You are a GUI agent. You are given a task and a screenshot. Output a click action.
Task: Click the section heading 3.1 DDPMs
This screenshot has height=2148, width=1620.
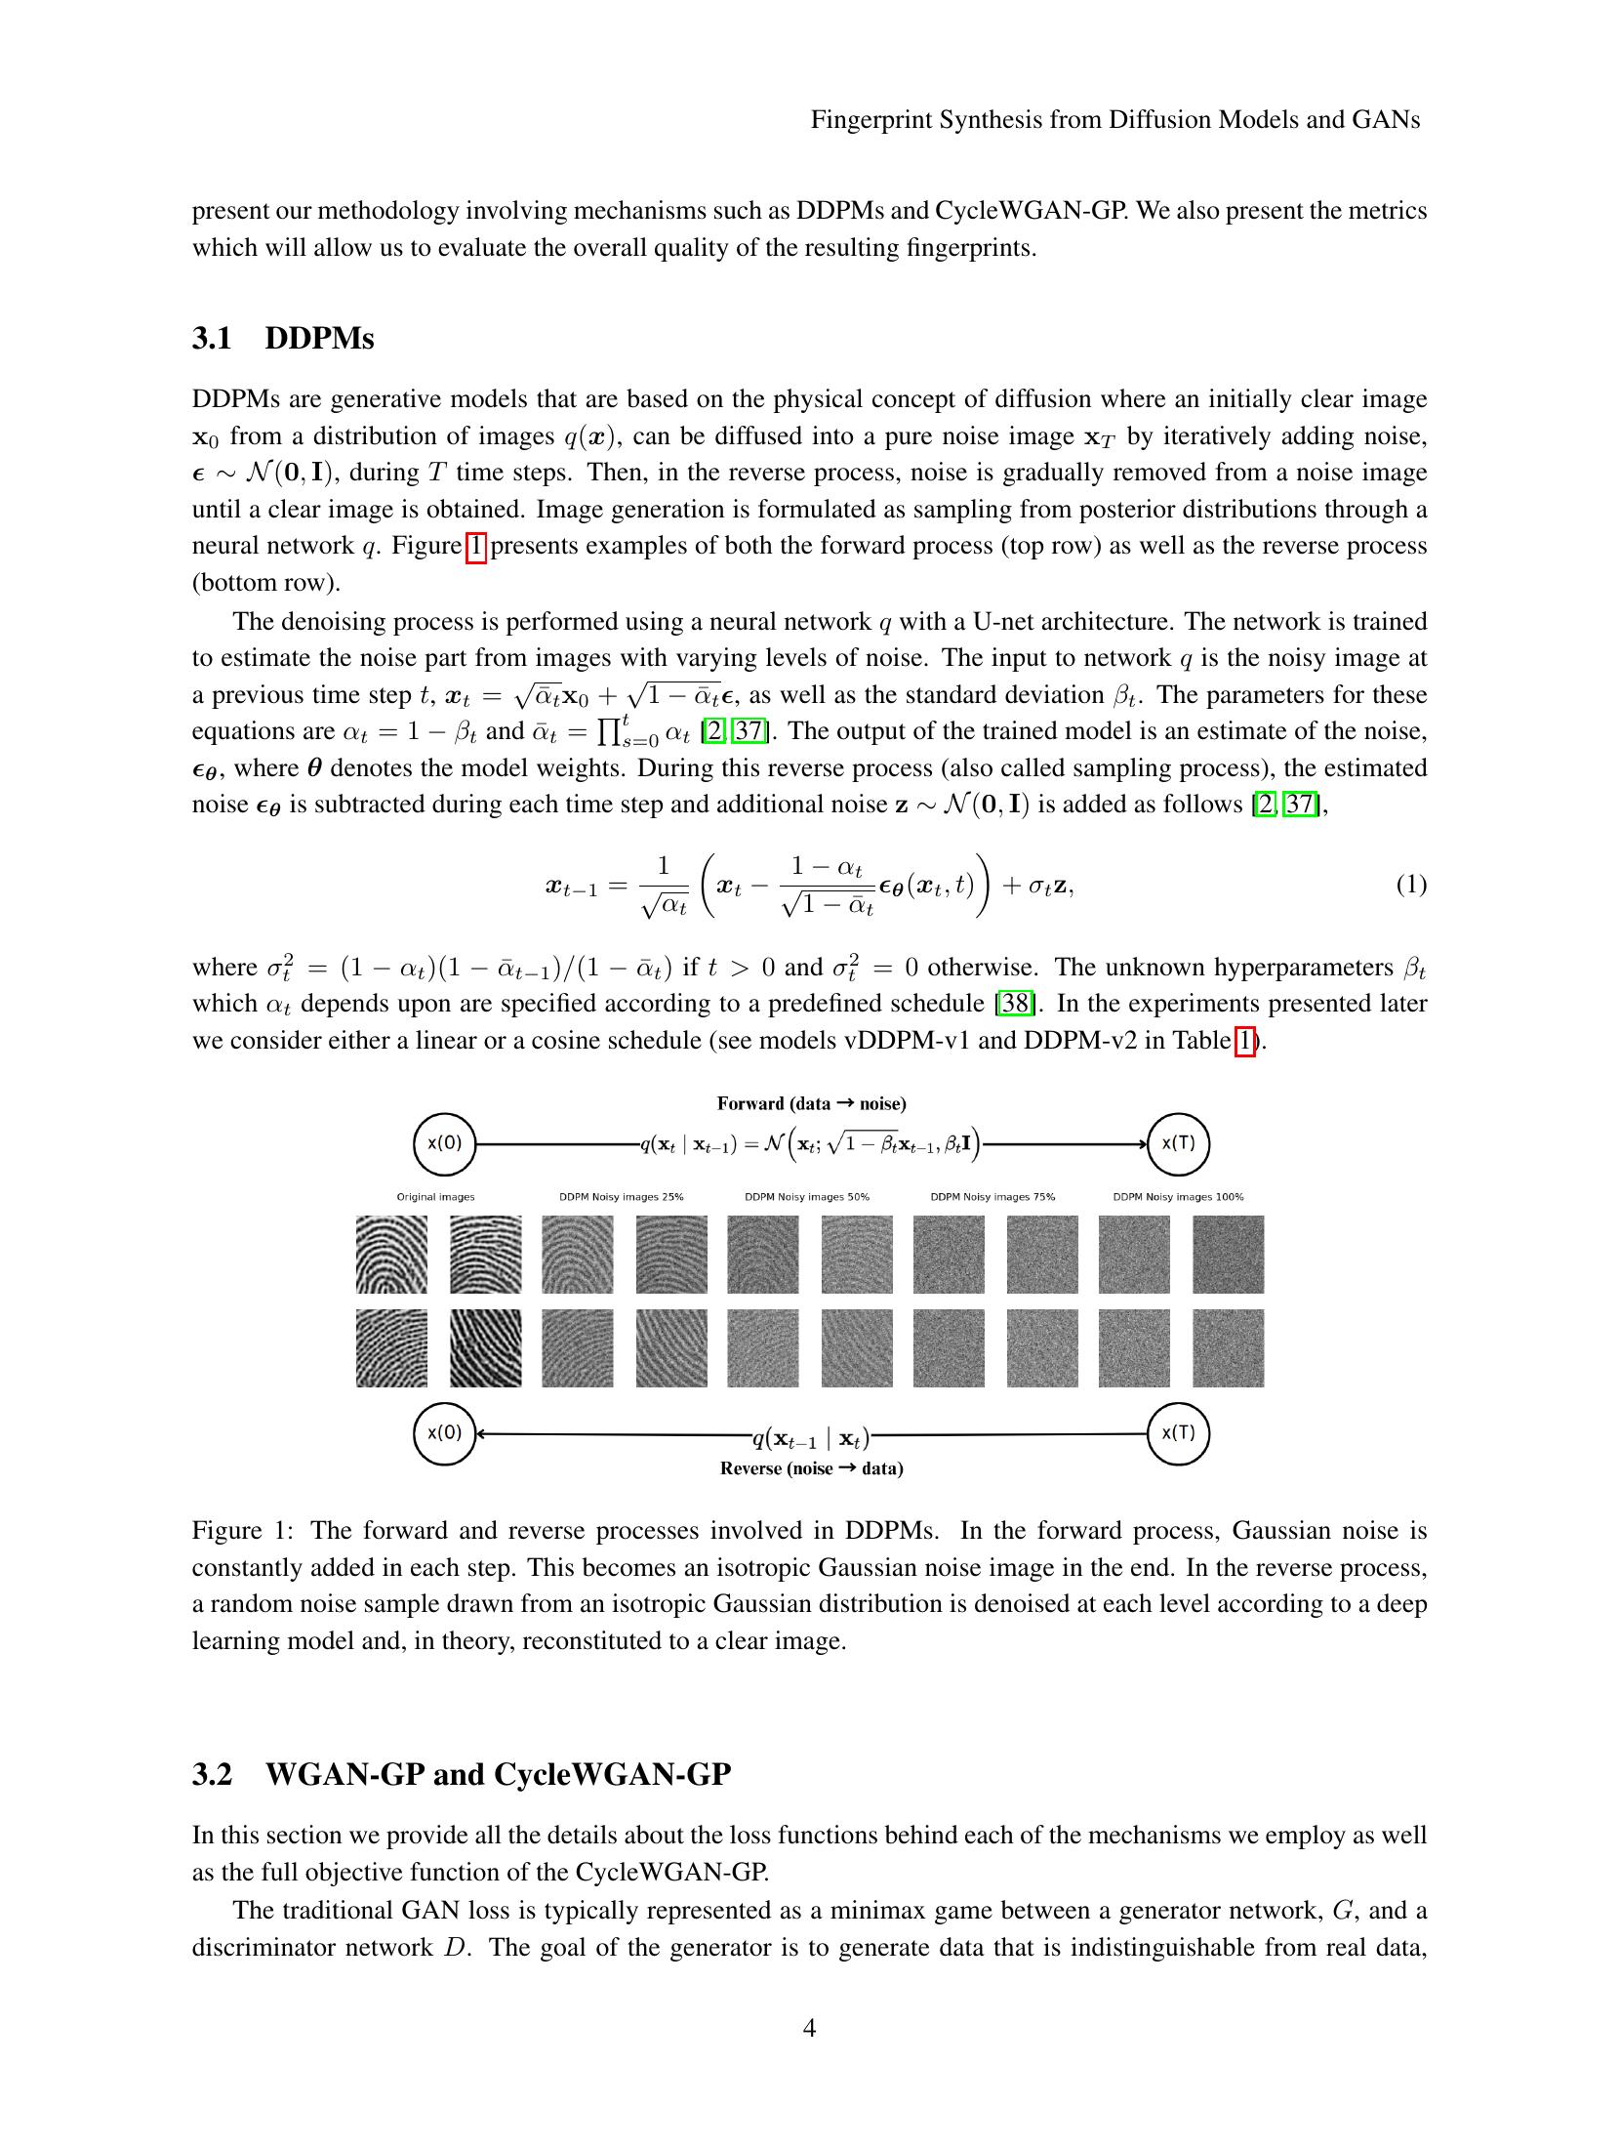click(283, 338)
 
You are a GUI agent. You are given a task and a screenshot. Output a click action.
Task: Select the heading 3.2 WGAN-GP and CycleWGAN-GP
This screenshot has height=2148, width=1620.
click(461, 1773)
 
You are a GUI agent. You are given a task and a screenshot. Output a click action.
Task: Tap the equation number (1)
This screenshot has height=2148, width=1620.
click(1410, 885)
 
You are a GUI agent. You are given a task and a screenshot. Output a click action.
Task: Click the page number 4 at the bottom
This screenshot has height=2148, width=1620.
click(809, 2028)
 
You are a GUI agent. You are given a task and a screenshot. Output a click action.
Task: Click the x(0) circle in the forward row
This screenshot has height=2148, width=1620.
click(444, 1143)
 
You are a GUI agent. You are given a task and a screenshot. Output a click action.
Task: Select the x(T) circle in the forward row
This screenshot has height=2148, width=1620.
click(1178, 1143)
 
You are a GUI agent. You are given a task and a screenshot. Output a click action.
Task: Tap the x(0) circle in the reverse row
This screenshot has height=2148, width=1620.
click(444, 1433)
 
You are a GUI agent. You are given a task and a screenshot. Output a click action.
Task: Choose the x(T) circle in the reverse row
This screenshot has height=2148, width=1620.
click(1178, 1433)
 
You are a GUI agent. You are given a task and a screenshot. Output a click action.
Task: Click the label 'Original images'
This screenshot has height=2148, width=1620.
click(435, 1197)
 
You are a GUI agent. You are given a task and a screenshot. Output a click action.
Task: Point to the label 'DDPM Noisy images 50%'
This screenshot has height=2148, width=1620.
click(807, 1197)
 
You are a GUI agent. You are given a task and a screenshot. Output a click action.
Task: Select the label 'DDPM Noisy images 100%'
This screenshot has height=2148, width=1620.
click(1178, 1197)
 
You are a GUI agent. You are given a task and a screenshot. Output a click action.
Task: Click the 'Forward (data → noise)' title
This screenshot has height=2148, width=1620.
click(811, 1103)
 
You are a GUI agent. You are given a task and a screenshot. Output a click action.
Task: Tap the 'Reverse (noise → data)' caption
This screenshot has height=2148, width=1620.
click(811, 1468)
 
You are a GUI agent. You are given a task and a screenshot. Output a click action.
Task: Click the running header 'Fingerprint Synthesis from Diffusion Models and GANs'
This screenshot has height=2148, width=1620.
click(1114, 119)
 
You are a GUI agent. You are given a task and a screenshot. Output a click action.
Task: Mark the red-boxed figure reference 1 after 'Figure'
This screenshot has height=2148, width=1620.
click(475, 546)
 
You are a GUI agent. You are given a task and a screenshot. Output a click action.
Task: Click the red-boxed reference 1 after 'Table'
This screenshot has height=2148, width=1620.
click(1243, 1041)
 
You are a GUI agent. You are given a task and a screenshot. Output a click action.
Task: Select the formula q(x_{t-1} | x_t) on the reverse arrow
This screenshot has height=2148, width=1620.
click(810, 1437)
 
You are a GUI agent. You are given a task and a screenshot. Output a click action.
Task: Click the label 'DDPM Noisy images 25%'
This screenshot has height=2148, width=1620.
click(621, 1197)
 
